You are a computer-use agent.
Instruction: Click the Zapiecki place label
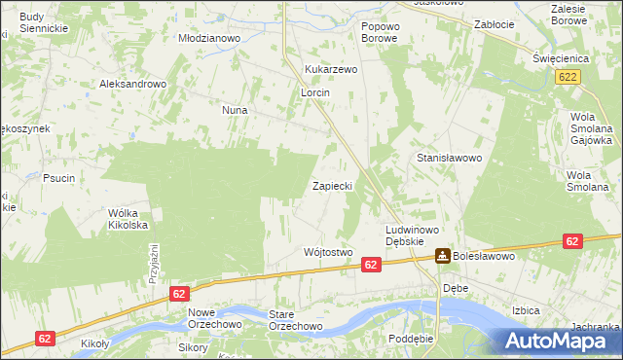[x=337, y=185]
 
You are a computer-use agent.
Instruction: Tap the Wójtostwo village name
[x=327, y=252]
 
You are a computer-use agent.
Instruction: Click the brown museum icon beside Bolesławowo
[x=442, y=256]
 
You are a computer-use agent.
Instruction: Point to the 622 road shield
[x=570, y=76]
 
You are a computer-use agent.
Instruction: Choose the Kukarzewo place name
[x=332, y=70]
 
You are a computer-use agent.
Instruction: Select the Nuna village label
[x=235, y=111]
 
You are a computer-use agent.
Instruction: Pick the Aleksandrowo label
[x=133, y=84]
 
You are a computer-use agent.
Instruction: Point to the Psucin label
[x=58, y=178]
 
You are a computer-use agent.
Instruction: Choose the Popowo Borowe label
[x=380, y=32]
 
